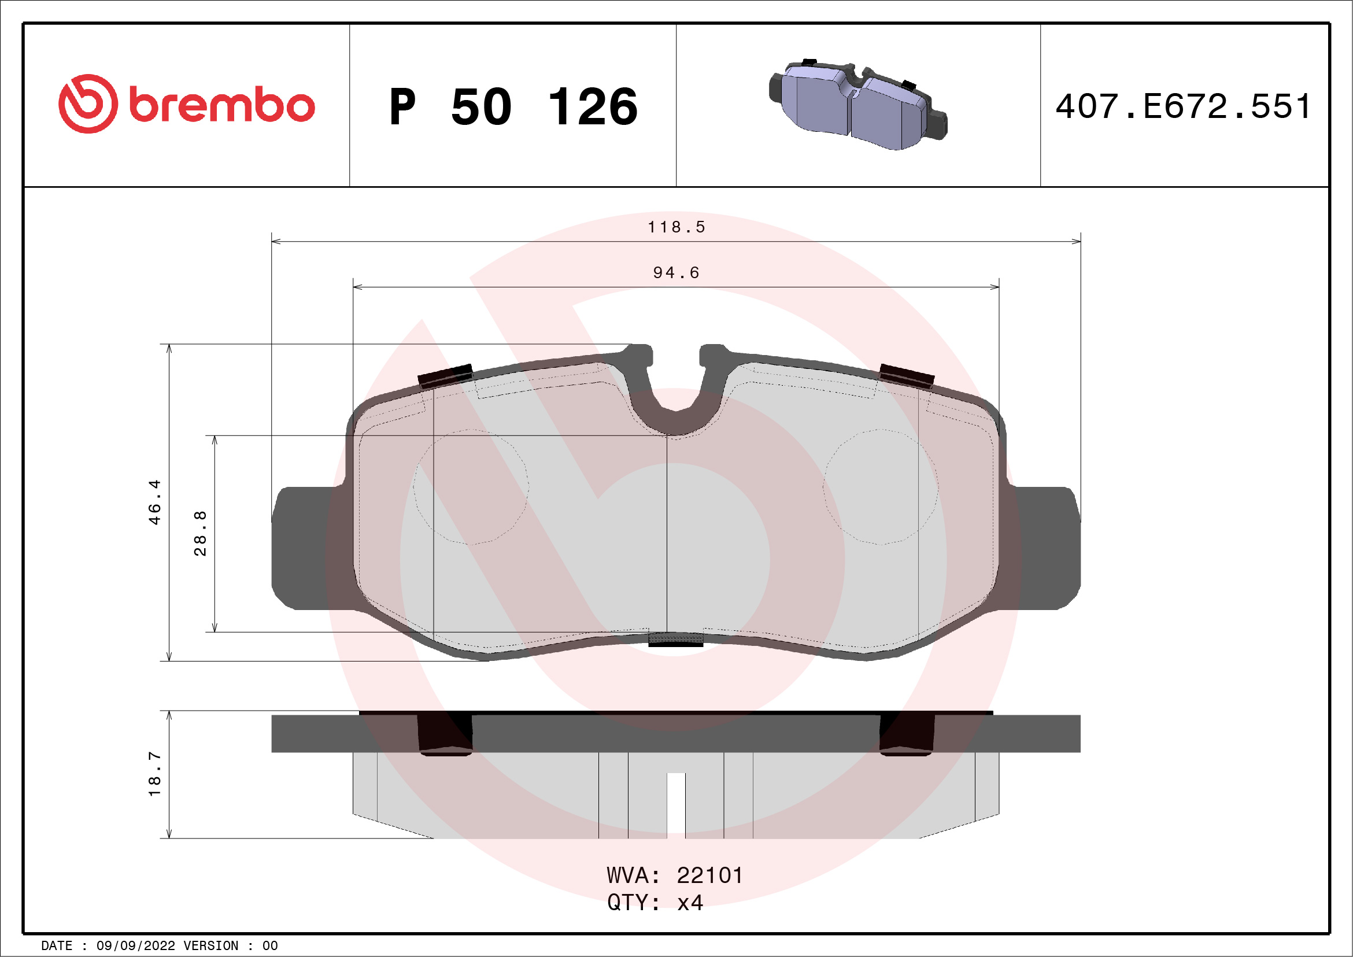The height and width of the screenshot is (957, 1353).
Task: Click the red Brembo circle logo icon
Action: [88, 104]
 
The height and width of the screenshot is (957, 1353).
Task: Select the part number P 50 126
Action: [513, 106]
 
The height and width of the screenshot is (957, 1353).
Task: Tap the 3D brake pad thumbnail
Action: [857, 105]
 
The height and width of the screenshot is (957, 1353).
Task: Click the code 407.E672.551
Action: [1183, 106]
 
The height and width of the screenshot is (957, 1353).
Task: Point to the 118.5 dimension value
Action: [676, 227]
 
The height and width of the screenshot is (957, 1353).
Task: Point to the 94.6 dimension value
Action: [676, 272]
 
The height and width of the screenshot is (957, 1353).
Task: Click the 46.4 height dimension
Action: [154, 501]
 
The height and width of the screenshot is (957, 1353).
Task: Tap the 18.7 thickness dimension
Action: [154, 774]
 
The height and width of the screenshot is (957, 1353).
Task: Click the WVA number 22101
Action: [709, 875]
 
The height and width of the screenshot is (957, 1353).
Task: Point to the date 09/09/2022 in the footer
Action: [135, 946]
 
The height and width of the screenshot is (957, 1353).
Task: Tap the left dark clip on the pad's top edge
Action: [445, 375]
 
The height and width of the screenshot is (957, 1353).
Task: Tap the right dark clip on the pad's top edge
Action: [906, 375]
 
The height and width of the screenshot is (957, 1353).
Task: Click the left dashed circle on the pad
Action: [470, 487]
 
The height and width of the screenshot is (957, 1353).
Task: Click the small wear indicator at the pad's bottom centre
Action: [675, 640]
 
